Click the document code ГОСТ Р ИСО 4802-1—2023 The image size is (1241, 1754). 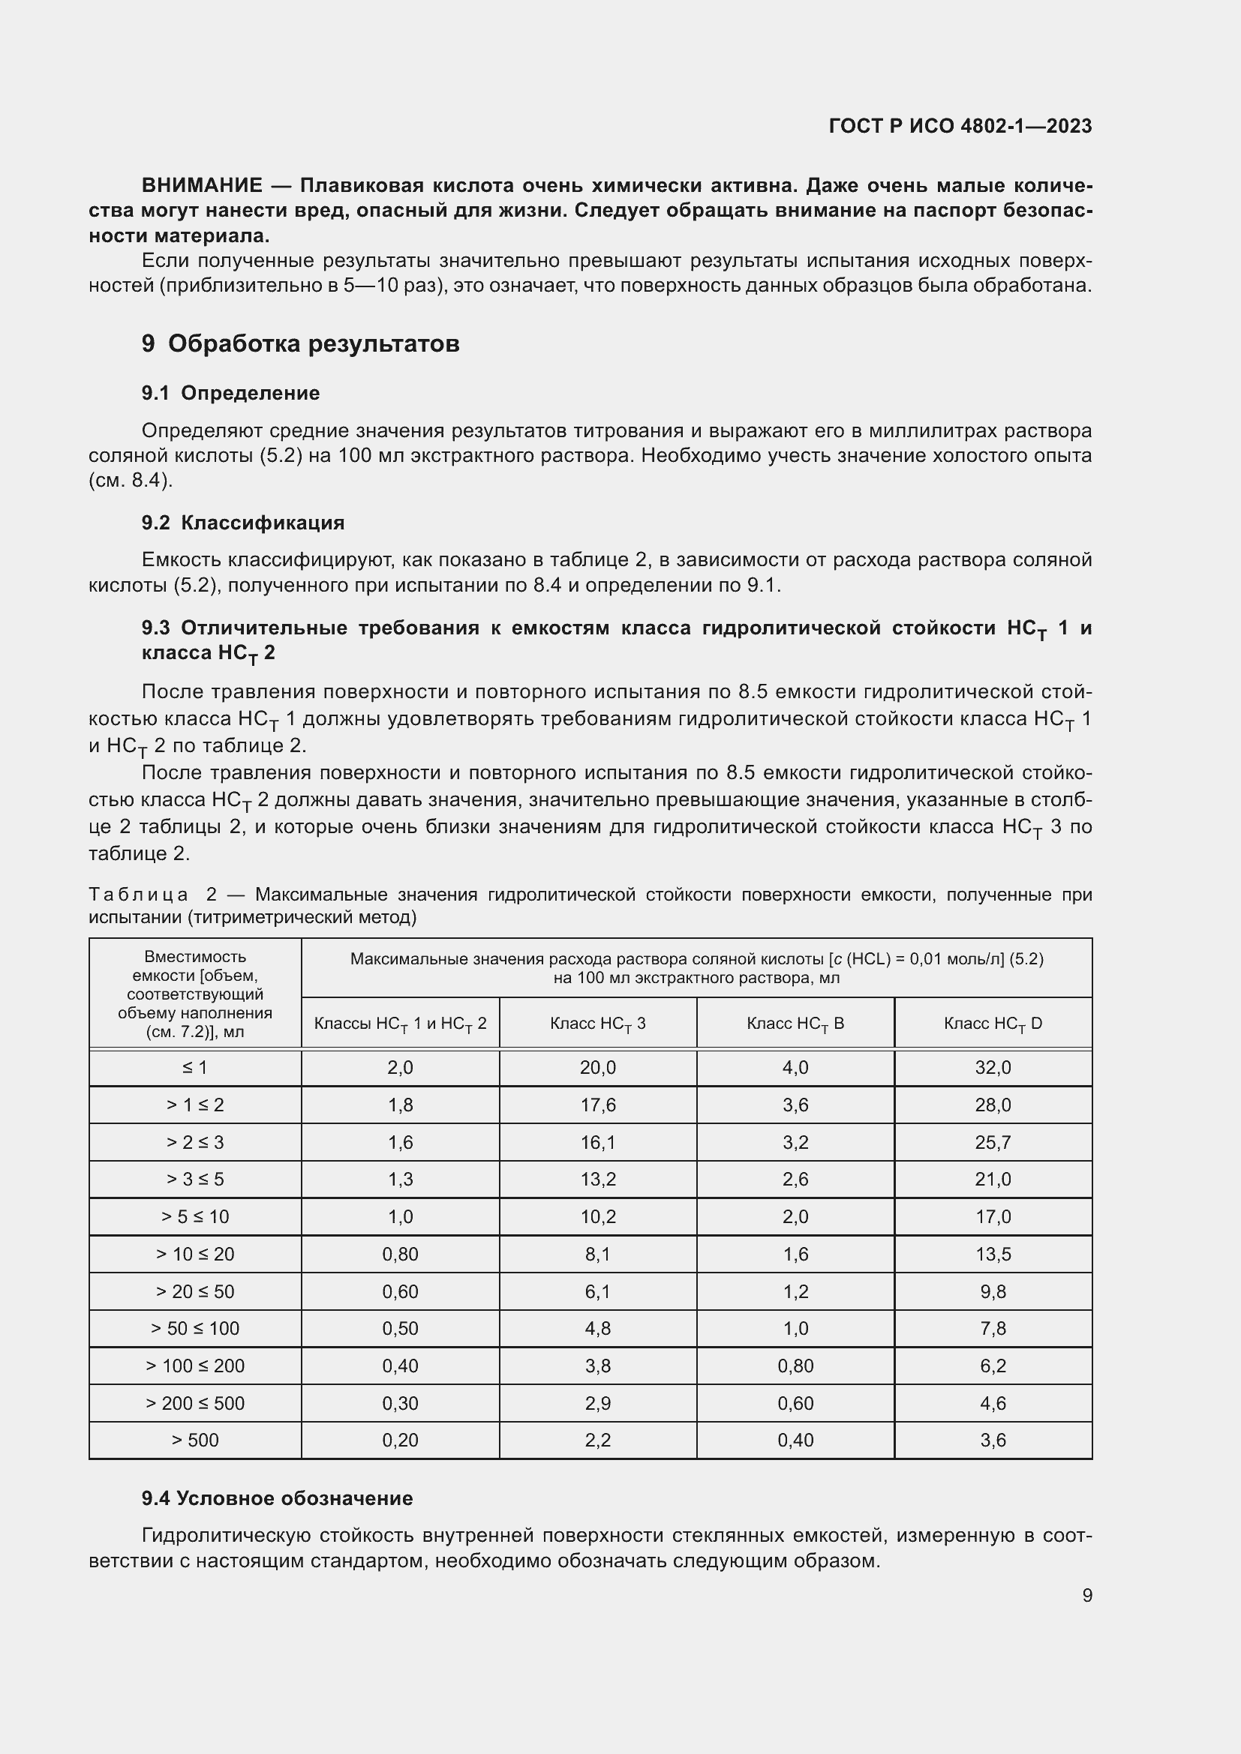point(960,126)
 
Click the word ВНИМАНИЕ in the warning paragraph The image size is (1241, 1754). point(202,186)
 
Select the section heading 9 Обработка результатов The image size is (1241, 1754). point(300,343)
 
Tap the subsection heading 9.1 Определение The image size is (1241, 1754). point(230,393)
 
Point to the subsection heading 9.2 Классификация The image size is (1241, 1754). point(243,523)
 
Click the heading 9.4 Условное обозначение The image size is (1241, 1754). point(277,1498)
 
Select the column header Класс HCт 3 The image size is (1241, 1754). point(597,1024)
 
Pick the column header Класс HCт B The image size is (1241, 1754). point(795,1024)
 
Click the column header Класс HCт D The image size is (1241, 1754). point(993,1024)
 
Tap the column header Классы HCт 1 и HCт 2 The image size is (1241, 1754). point(400,1024)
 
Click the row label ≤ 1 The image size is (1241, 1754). point(195,1067)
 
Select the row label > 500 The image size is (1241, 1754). point(195,1440)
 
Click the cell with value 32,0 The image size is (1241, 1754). point(993,1067)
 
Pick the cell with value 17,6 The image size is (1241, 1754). point(597,1105)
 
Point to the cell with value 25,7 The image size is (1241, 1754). point(993,1142)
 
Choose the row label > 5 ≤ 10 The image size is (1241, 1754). point(195,1216)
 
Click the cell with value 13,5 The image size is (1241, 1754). point(993,1254)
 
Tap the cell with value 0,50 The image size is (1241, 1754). point(400,1329)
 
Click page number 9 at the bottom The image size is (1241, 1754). point(1086,1595)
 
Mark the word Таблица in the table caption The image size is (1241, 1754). point(138,895)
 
